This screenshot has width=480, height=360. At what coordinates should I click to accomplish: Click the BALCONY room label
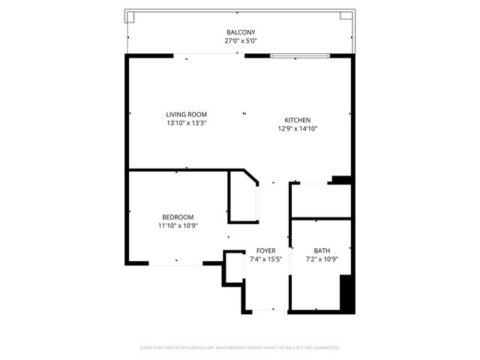click(241, 32)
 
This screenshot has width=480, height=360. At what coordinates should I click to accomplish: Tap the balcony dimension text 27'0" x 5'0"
click(241, 41)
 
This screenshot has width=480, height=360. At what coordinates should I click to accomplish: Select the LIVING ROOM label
click(187, 114)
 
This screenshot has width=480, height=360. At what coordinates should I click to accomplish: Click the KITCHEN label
click(297, 120)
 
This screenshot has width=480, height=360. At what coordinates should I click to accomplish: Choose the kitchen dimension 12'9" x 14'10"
click(297, 129)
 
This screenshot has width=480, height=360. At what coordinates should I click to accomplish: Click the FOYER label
click(265, 250)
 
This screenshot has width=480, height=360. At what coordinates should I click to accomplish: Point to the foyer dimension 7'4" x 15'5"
click(265, 259)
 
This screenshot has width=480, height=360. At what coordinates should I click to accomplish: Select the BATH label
click(322, 250)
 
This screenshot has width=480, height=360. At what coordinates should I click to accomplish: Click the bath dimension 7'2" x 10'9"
click(322, 259)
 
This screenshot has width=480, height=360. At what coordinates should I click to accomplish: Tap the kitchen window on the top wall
click(299, 55)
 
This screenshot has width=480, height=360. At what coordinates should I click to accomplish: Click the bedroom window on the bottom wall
click(175, 263)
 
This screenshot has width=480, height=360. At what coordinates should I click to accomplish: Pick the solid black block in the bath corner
click(346, 293)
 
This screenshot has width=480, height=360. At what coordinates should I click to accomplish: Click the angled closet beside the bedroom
click(243, 199)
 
